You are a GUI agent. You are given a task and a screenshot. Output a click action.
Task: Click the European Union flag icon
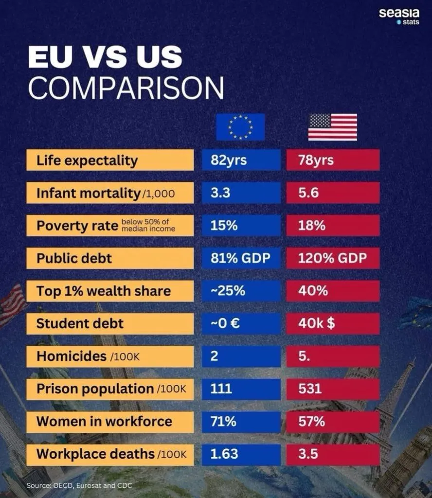tap(240, 127)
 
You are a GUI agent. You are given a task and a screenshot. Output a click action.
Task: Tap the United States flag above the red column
tap(332, 127)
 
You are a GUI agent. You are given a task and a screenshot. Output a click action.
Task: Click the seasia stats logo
tap(398, 16)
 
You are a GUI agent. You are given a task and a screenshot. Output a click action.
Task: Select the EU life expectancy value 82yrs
tap(241, 160)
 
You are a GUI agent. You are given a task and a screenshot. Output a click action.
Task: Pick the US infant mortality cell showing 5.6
tap(333, 193)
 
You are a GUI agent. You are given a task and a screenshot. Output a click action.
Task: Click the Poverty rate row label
tap(110, 226)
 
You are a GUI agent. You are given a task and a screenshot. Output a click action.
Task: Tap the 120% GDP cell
tap(333, 258)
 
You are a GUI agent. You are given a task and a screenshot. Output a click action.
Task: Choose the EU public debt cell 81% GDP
tap(241, 258)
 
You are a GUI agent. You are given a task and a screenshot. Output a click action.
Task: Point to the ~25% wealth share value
tap(241, 291)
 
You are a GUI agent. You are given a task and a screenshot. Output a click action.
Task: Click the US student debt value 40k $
tap(333, 323)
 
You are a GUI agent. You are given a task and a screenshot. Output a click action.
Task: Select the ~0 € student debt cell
tap(241, 323)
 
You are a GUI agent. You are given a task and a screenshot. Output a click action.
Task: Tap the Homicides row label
tap(110, 356)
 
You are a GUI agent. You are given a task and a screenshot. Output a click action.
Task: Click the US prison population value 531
tap(333, 389)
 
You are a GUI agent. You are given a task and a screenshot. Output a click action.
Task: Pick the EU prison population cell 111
tap(241, 389)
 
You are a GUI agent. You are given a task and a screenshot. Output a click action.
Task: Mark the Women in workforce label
tap(110, 421)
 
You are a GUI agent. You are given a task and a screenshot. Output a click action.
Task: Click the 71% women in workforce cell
tap(241, 421)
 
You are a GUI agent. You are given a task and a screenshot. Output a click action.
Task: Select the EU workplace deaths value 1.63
tap(241, 454)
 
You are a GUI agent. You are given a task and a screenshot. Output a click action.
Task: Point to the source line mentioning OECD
tap(79, 485)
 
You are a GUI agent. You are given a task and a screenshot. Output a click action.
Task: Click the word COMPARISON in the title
tap(126, 88)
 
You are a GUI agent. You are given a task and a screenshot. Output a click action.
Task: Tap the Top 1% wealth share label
tap(110, 291)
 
